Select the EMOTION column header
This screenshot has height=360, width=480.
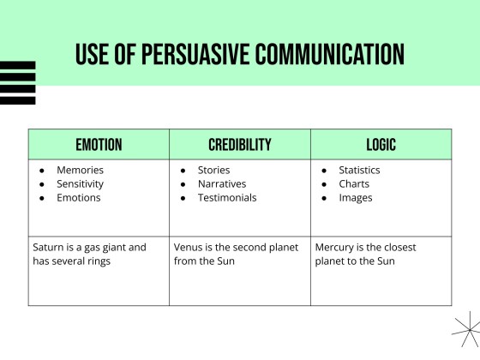pos(99,144)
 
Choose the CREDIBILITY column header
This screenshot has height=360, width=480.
pos(240,144)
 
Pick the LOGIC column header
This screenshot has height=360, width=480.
pos(381,144)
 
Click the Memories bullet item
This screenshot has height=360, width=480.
pos(80,170)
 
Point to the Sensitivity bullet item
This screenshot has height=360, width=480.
pos(80,183)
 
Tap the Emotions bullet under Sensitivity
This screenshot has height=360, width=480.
pos(78,197)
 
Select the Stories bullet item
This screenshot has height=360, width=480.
pos(213,170)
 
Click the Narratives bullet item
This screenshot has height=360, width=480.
pos(221,183)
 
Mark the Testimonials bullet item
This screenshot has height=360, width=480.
pos(227,197)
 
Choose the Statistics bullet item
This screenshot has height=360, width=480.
pos(359,170)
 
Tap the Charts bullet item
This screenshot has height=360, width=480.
pos(354,183)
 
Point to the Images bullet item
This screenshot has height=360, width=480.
pos(355,197)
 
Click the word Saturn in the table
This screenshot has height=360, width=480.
pos(48,247)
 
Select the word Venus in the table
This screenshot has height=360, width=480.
pos(189,247)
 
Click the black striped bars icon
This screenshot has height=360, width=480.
pos(17,82)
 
